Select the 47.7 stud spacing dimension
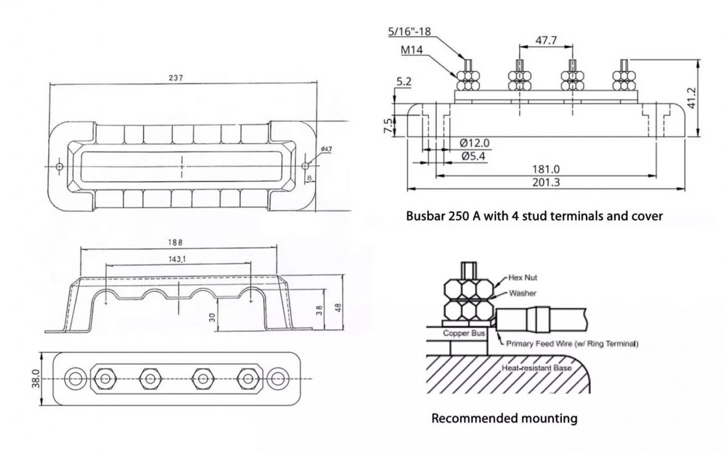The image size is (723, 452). coord(545,40)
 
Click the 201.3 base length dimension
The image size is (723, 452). coord(546,182)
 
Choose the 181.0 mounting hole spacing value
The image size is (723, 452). coord(546,169)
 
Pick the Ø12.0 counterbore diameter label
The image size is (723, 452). coord(474,143)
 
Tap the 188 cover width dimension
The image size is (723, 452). coord(175,242)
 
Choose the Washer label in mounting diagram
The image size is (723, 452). coord(522,293)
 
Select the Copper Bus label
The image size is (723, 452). coord(464,333)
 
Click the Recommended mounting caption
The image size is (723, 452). coord(504,418)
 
